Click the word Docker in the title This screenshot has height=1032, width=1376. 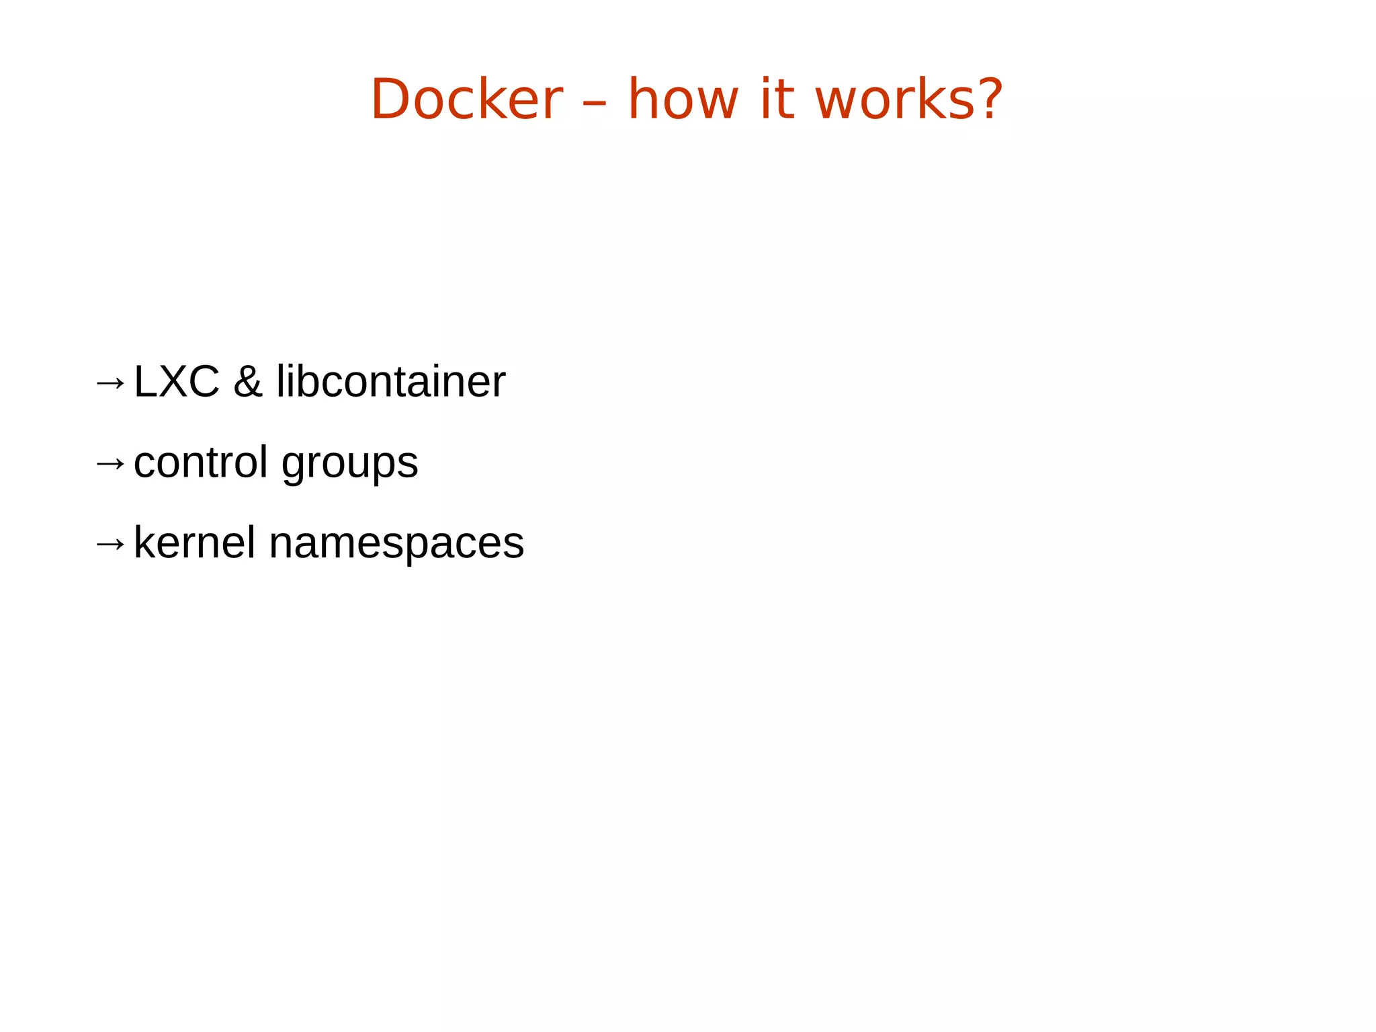[x=466, y=100]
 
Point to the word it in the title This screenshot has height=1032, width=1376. [x=775, y=100]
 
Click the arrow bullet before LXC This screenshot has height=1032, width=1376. [x=110, y=383]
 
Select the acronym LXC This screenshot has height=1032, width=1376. [x=177, y=382]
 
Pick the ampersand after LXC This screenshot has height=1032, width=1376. [x=247, y=382]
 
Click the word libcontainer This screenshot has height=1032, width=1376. [x=390, y=382]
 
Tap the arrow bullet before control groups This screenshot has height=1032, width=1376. [x=110, y=463]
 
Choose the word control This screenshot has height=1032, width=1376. [x=200, y=463]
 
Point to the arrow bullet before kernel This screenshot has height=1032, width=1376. [x=110, y=544]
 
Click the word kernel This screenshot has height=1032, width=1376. [x=195, y=543]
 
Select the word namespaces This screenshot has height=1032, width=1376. [x=396, y=545]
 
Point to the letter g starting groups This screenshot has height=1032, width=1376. [x=293, y=467]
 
